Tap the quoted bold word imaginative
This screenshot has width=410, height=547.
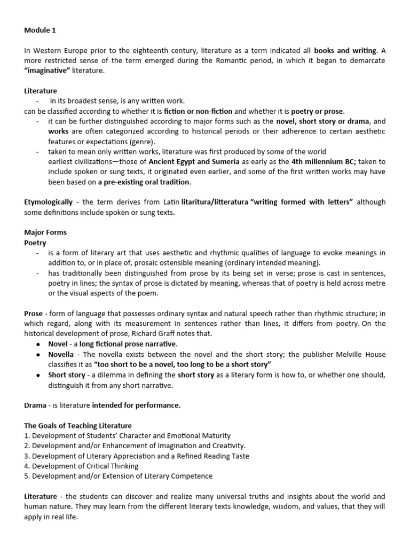click(x=48, y=71)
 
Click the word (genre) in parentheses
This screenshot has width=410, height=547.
click(x=142, y=142)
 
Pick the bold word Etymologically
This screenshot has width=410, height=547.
click(x=48, y=202)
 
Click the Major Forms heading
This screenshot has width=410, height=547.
click(x=45, y=232)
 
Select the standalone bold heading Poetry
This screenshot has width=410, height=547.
click(x=35, y=243)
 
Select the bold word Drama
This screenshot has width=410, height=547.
click(x=35, y=405)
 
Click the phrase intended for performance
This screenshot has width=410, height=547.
click(x=136, y=405)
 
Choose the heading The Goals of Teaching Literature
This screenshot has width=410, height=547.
click(x=78, y=425)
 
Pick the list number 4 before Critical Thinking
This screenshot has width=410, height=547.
click(x=27, y=466)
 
